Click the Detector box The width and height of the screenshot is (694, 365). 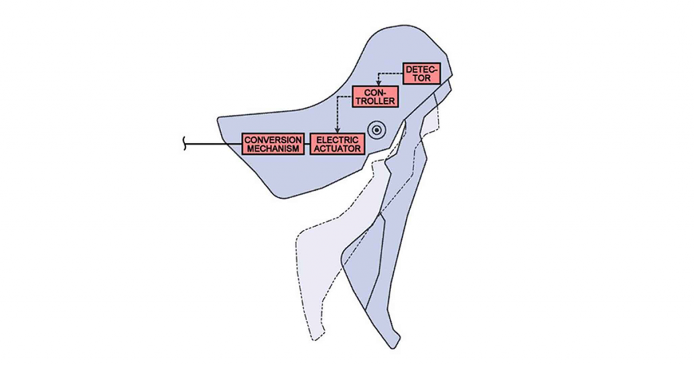[x=422, y=73]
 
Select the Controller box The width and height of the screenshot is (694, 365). [x=375, y=97]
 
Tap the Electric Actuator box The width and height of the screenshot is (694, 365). [x=338, y=144]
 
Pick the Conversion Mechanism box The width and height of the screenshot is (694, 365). [x=274, y=144]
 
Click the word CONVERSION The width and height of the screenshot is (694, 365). [x=274, y=140]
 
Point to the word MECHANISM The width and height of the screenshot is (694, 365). [x=274, y=149]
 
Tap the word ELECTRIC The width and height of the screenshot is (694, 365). [x=338, y=140]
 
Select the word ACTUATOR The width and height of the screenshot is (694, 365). [x=338, y=149]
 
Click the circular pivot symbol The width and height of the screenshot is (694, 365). [x=377, y=130]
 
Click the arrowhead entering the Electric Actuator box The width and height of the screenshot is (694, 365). [x=338, y=130]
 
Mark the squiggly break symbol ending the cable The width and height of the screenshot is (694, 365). [x=185, y=145]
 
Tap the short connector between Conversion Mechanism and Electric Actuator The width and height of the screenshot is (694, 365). [x=308, y=144]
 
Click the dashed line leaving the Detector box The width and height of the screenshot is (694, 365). [x=390, y=74]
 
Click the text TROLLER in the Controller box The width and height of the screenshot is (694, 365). [x=375, y=102]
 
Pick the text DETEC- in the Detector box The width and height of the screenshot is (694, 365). [x=422, y=69]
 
